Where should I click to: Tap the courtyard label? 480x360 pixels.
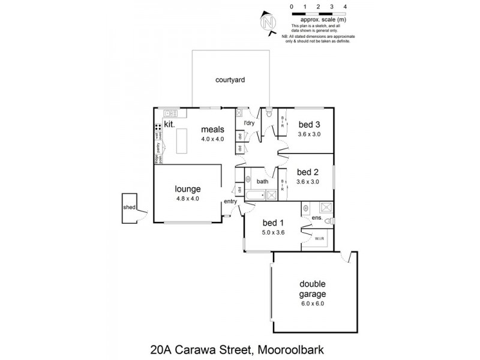(x=231, y=79)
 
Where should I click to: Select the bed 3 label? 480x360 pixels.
(x=310, y=124)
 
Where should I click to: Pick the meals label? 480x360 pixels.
(x=212, y=129)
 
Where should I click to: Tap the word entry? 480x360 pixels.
(x=230, y=201)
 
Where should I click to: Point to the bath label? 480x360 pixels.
(x=262, y=181)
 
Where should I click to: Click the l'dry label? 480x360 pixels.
(x=250, y=124)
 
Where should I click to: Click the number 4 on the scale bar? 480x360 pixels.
(x=345, y=6)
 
